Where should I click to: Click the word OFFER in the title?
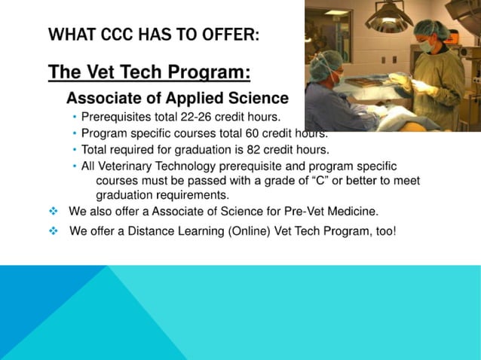[229, 35]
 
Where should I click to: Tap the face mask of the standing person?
[427, 45]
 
